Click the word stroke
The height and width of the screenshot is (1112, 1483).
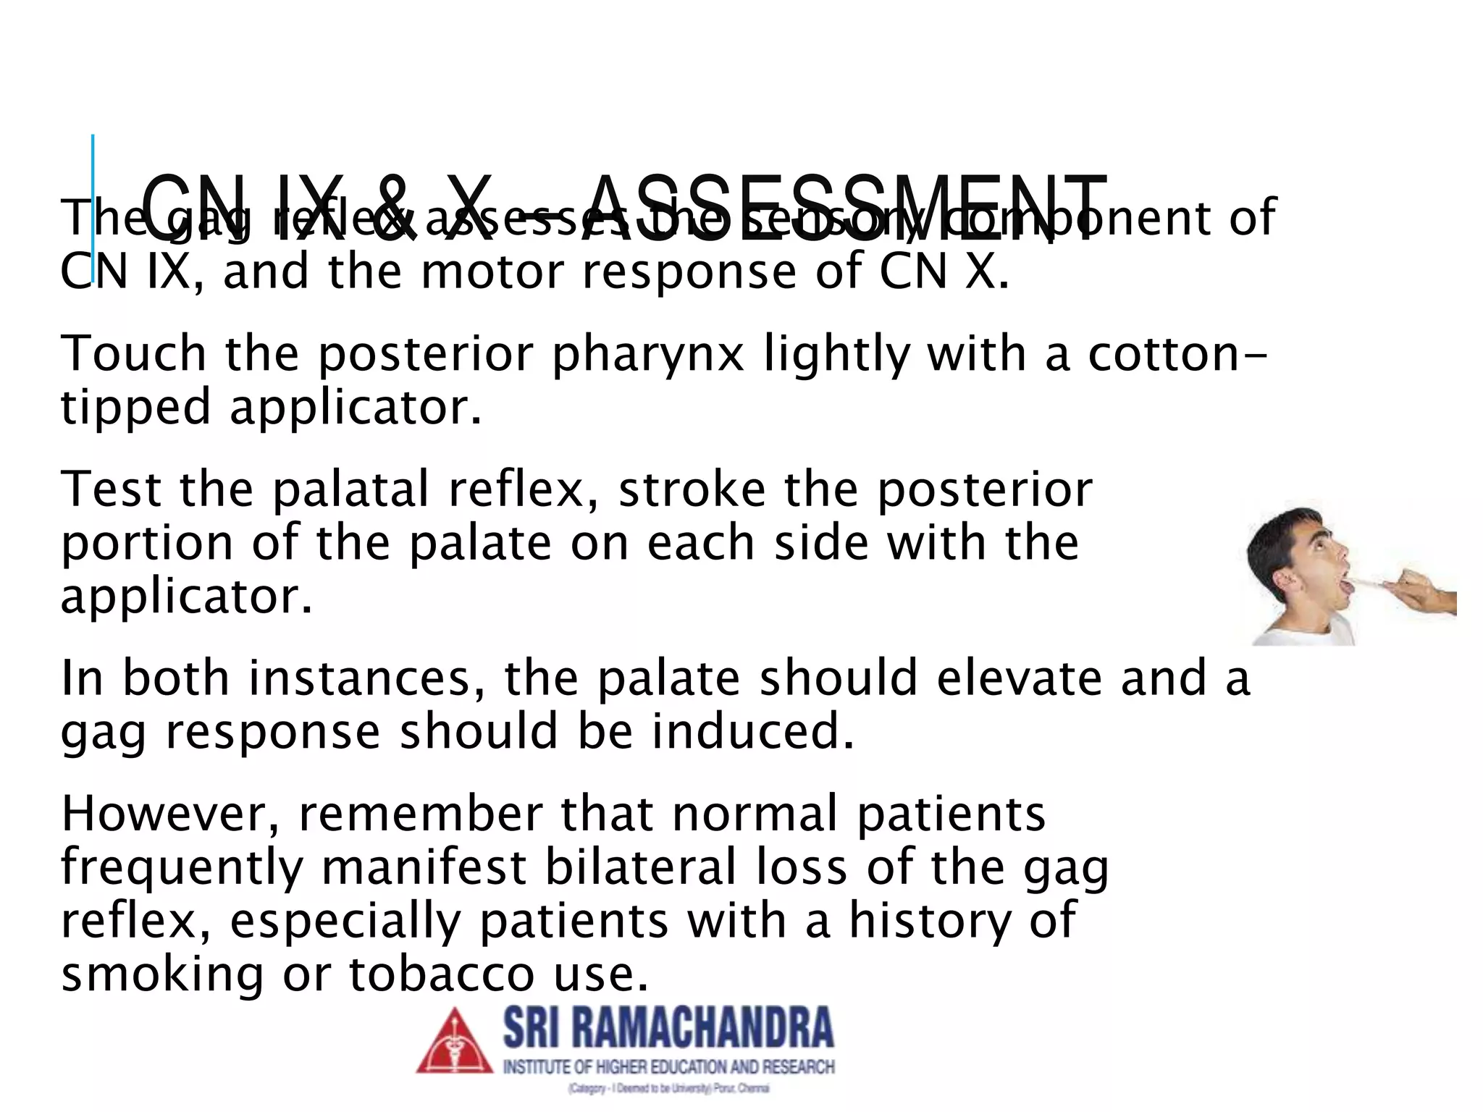(x=692, y=489)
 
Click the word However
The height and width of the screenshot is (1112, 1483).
(x=170, y=814)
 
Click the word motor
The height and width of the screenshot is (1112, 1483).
(x=492, y=272)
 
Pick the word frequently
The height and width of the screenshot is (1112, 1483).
(x=182, y=869)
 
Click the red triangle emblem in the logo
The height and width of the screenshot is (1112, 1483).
(x=454, y=1042)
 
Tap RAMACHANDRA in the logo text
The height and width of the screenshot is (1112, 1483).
(x=695, y=1028)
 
